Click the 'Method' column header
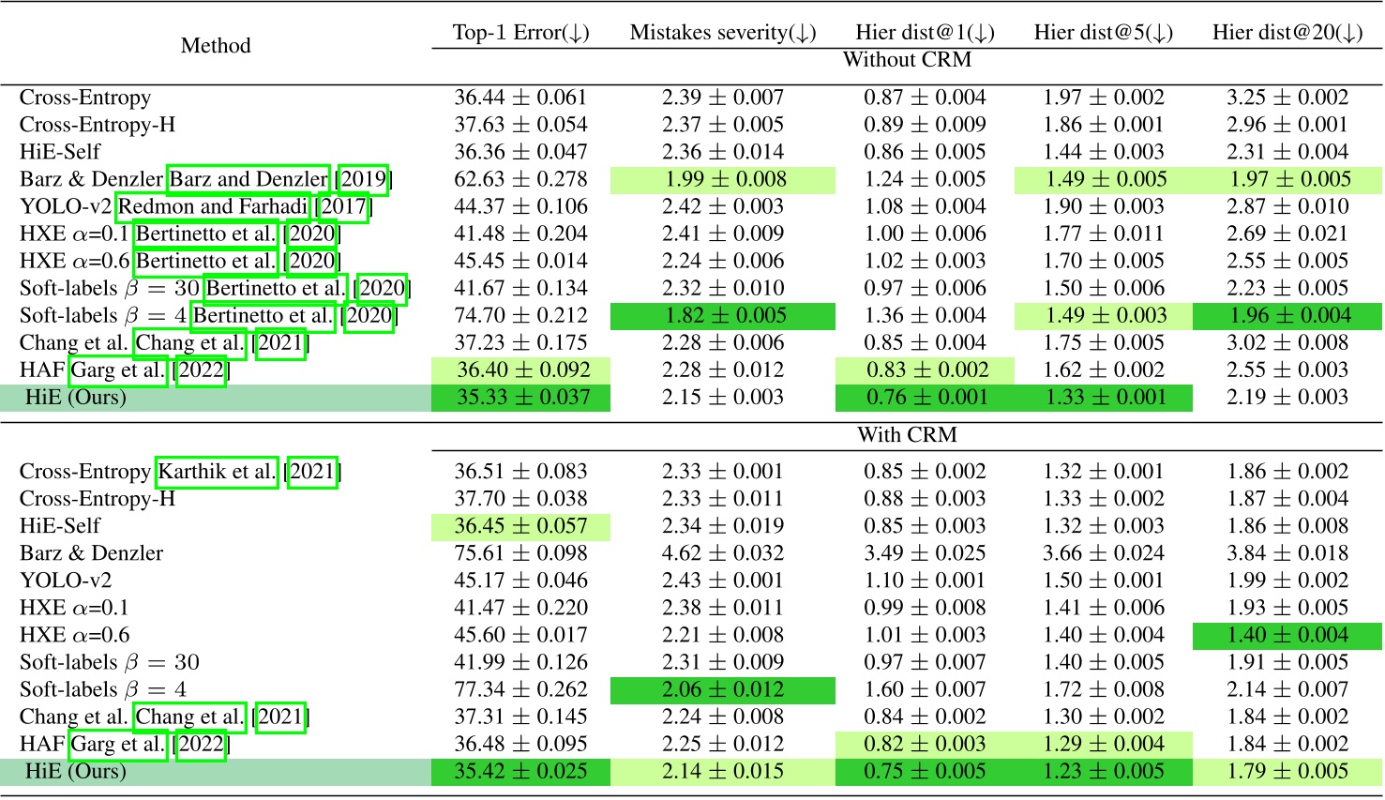click(216, 45)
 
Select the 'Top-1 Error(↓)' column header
click(520, 32)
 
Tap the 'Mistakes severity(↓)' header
click(723, 32)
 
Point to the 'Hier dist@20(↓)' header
click(1287, 32)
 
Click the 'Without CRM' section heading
click(907, 60)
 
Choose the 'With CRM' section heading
click(907, 435)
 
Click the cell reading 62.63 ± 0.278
click(520, 179)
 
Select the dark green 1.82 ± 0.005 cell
click(723, 315)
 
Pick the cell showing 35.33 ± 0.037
click(520, 397)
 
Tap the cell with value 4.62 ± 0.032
click(723, 553)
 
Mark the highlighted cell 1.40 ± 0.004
click(1287, 635)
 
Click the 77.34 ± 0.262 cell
click(520, 689)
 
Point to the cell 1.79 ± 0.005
click(1287, 771)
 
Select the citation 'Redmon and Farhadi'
click(213, 206)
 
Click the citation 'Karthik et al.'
click(217, 472)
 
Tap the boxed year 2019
click(363, 179)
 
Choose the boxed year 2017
click(343, 206)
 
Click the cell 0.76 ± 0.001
click(926, 397)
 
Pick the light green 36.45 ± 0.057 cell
click(520, 526)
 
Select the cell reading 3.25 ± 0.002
click(1287, 98)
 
